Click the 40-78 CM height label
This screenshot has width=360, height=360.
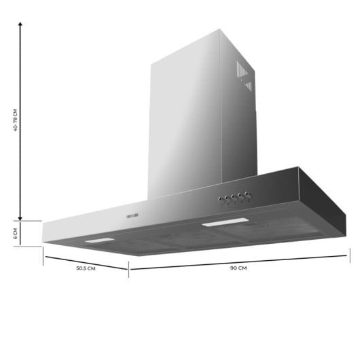tap(14, 120)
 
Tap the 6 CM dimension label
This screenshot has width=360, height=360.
tap(14, 234)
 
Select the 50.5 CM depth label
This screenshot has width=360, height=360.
tap(85, 269)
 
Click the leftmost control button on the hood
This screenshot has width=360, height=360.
tap(219, 200)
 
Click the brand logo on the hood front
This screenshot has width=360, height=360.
tap(132, 215)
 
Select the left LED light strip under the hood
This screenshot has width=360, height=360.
tap(98, 241)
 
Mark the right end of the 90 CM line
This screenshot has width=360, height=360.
tap(348, 255)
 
